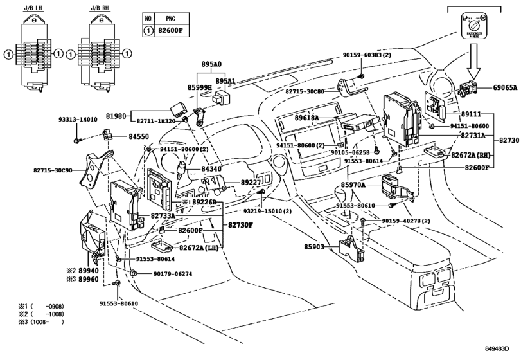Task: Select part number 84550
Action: coord(139,136)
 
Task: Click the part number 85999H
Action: coord(200,87)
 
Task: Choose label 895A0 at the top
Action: coord(211,65)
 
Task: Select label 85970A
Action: coord(353,184)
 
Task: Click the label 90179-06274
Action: coord(173,274)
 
